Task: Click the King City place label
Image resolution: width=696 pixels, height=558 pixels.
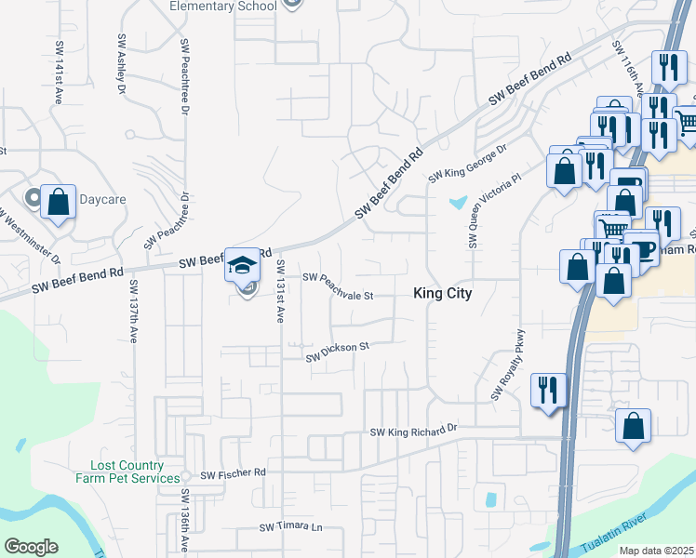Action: point(443,293)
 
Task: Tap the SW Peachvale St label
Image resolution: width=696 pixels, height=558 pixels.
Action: point(338,286)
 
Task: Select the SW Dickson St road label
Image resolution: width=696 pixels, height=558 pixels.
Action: point(339,350)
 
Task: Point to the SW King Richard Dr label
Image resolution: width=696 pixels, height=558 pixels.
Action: point(414,431)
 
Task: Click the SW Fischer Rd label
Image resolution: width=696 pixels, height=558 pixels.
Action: point(234,473)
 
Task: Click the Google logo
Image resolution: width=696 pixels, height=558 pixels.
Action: point(31,547)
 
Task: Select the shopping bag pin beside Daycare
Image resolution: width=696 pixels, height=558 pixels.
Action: point(58,202)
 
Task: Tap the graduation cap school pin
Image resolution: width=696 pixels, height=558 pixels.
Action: point(243,265)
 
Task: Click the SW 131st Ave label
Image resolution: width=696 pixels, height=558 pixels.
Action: point(279,291)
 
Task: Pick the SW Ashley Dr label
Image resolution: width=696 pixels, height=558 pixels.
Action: point(121,66)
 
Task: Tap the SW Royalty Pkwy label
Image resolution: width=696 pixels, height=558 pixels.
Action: point(508,365)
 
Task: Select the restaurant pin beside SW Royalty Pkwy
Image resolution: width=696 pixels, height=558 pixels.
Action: point(548,388)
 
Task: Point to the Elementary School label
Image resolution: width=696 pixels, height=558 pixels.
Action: point(222,7)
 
